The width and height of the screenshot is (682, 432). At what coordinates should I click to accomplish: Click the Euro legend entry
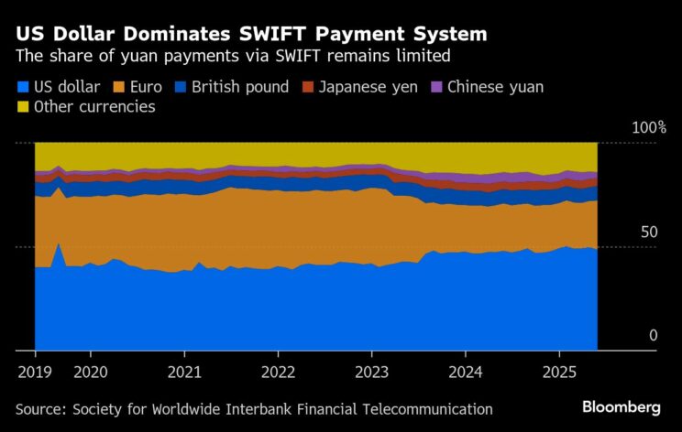(138, 88)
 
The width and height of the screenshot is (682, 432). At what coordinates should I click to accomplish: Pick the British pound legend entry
(234, 88)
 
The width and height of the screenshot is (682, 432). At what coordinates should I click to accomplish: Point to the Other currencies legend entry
(86, 108)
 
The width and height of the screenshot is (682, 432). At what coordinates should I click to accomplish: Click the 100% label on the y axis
(649, 127)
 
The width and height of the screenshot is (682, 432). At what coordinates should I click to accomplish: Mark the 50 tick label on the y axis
(649, 232)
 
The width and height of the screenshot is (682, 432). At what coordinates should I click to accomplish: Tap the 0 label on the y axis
(654, 336)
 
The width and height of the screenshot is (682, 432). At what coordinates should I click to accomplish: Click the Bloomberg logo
(621, 406)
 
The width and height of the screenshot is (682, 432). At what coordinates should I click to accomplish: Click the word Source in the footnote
(40, 409)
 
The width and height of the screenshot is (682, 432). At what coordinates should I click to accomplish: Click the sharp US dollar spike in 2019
(59, 245)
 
